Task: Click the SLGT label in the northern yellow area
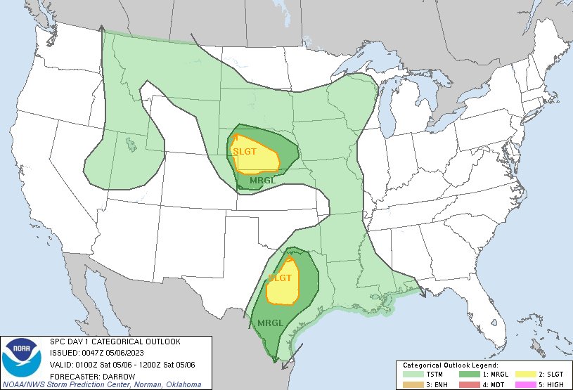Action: (x=245, y=151)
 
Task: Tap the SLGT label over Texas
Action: (x=280, y=278)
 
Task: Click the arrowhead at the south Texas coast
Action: (x=282, y=365)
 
